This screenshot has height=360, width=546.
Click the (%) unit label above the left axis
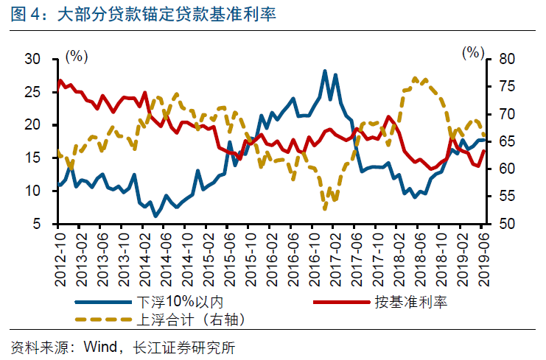pos(77,55)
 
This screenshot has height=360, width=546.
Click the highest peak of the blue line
pos(325,71)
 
